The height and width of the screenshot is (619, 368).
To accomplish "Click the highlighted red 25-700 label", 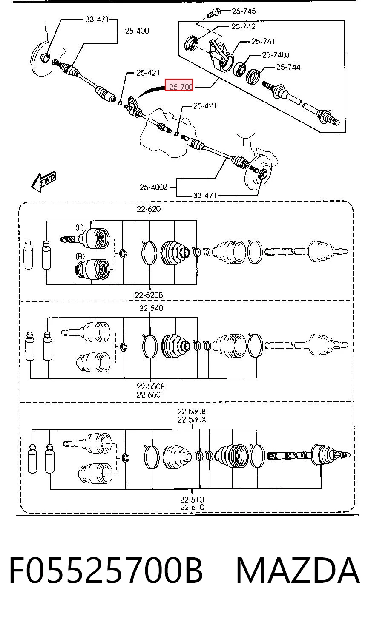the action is tap(178, 85).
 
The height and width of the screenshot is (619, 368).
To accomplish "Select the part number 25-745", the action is tap(244, 11).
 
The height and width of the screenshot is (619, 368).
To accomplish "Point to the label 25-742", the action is tap(243, 26).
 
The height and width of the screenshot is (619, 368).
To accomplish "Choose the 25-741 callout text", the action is tap(263, 42).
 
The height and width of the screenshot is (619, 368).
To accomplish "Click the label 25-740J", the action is tap(276, 55).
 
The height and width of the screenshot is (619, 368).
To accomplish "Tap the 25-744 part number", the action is tap(288, 67).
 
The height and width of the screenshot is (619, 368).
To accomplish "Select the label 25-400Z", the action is tap(153, 187).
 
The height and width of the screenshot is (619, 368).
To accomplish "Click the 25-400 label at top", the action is tap(137, 31).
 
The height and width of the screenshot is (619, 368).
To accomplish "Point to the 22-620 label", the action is tap(149, 209).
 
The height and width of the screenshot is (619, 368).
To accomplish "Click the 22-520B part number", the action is tap(149, 295).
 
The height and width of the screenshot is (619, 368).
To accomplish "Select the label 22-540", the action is tap(151, 308).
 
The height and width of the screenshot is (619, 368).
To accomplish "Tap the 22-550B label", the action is tap(151, 386).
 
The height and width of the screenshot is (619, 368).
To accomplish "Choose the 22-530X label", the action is tap(192, 420).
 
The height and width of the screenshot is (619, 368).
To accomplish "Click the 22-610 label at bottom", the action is tap(192, 507).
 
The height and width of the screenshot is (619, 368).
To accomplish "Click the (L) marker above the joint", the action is tap(80, 228).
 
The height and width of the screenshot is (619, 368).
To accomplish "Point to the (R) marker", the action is tap(80, 256).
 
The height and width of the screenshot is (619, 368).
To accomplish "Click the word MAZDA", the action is tap(298, 571).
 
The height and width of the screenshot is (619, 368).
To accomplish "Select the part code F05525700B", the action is tap(106, 571).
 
